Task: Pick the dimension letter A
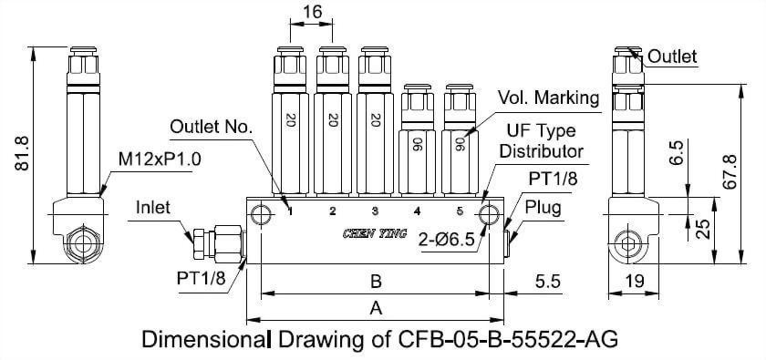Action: click(375, 309)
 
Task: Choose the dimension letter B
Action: click(375, 282)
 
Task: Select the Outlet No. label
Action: click(211, 126)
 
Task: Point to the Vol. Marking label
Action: click(547, 98)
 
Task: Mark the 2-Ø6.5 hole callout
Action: click(446, 241)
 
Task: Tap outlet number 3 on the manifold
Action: click(374, 211)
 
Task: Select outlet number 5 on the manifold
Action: click(459, 211)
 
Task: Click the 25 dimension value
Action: click(703, 228)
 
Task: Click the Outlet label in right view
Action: click(672, 57)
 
